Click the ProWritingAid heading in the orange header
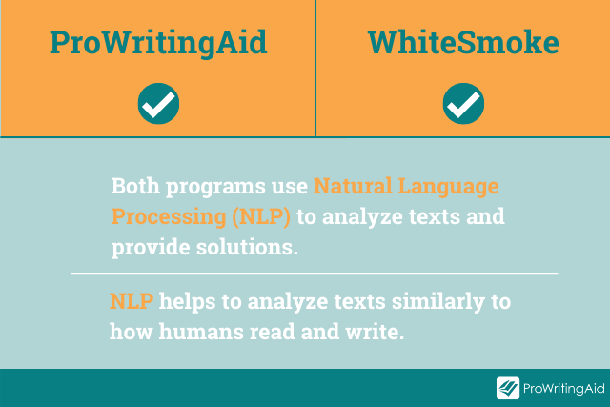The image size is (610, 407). [158, 43]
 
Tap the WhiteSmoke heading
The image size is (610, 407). [463, 42]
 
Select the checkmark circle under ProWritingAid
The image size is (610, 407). [158, 104]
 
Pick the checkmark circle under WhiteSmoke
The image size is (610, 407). [463, 104]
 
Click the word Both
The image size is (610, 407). [135, 186]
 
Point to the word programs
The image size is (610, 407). [215, 188]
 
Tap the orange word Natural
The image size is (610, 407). [353, 186]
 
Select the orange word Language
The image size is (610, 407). [448, 188]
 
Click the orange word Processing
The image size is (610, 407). [169, 218]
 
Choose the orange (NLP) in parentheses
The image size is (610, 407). [261, 217]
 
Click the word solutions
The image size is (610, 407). [247, 247]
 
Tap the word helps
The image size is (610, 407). [187, 302]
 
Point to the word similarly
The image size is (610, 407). [438, 302]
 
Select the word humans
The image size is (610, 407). [201, 332]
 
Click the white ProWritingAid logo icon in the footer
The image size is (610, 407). [508, 388]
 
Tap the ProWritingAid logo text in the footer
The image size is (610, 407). [563, 388]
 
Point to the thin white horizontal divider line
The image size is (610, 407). [315, 274]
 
